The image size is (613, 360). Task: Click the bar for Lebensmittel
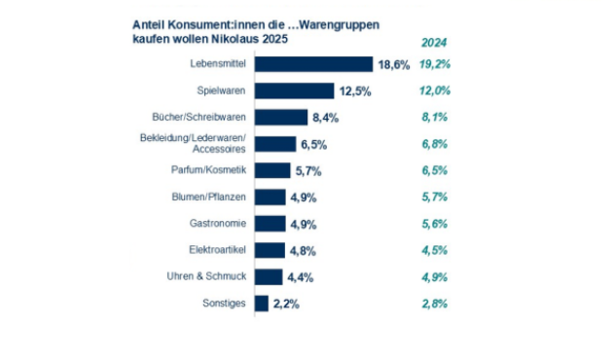point(313,64)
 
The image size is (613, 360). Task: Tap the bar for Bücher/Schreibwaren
point(281,117)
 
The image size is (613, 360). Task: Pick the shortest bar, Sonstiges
point(262,304)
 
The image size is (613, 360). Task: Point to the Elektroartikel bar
point(270,250)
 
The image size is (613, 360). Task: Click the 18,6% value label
point(394,64)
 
